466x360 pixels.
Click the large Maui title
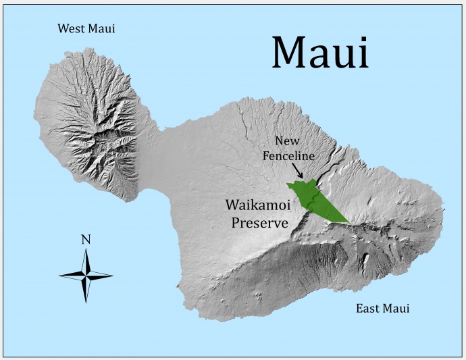click(x=320, y=51)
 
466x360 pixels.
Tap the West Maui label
click(x=86, y=28)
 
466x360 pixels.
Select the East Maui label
click(x=382, y=309)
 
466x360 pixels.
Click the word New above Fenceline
click(x=288, y=140)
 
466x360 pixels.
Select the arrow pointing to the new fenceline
click(x=299, y=172)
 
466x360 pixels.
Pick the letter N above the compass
click(x=86, y=239)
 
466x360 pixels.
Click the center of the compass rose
click(x=86, y=275)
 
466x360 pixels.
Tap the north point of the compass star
click(x=86, y=251)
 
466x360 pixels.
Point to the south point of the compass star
click(x=86, y=301)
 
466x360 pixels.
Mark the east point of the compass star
click(x=111, y=275)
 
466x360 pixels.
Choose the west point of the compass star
click(x=60, y=275)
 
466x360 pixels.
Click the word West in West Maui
click(x=72, y=28)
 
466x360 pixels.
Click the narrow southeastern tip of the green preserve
click(x=348, y=222)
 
